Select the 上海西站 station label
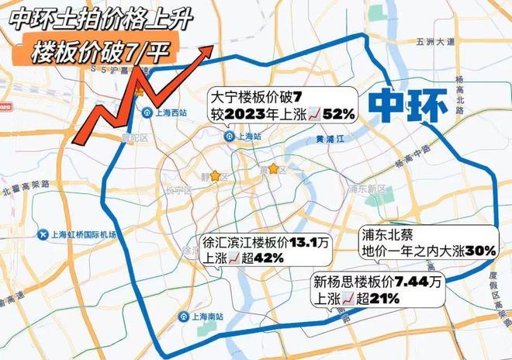click(168, 112)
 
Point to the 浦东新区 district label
click(366, 189)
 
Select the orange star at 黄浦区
click(273, 168)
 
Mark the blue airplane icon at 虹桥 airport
click(42, 234)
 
